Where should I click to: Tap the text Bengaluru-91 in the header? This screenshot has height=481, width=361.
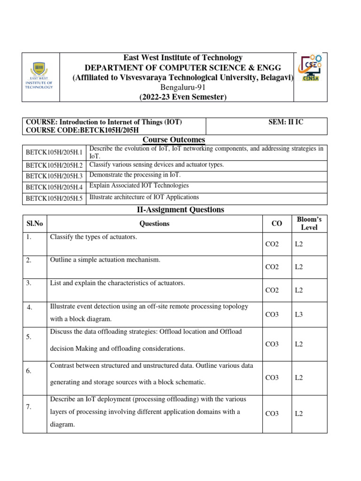183,87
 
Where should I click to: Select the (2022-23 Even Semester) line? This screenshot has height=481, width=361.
183,97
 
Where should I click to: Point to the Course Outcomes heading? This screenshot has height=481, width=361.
174,140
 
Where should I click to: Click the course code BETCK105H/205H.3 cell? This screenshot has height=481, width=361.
54,176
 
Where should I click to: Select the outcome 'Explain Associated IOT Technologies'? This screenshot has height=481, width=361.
139,186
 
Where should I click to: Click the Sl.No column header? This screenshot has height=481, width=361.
34,224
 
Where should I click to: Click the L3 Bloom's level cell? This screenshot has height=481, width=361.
299,314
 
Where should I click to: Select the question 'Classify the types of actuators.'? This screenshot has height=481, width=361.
94,237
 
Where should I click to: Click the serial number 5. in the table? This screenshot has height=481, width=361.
29,337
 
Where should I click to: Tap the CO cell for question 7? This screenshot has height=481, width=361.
272,413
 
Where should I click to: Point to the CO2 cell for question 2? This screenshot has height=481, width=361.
272,267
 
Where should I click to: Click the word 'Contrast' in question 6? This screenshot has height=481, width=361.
63,365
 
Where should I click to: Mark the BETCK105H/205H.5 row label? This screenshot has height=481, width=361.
54,198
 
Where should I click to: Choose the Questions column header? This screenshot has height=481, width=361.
154,224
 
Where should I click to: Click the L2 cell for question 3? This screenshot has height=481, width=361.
299,290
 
